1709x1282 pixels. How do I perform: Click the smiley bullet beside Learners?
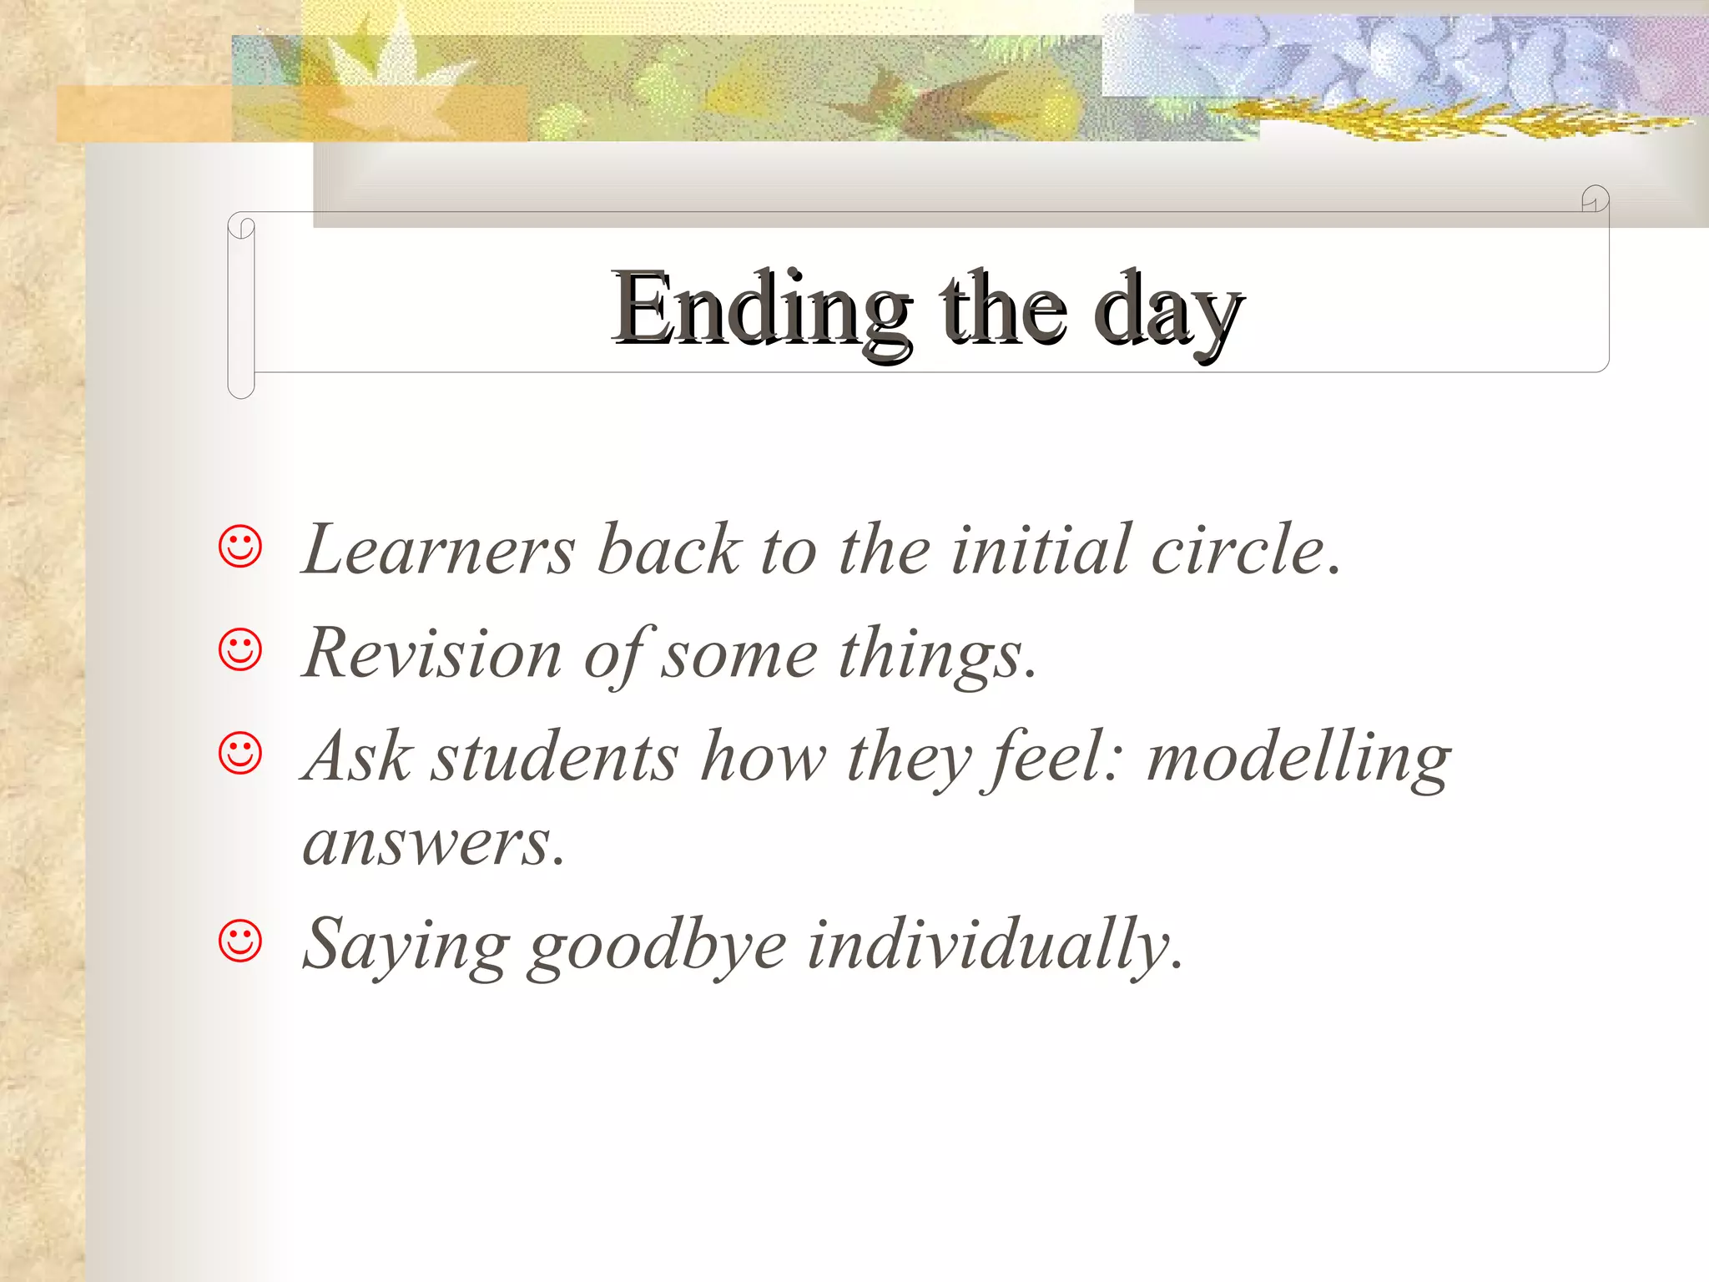[x=240, y=548]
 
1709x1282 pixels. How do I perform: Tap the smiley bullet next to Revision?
[x=240, y=650]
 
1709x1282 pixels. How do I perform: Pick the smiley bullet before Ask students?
[x=240, y=754]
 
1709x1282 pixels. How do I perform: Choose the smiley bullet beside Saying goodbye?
[x=240, y=941]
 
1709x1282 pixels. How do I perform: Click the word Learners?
[x=439, y=549]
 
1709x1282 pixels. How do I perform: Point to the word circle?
[x=1238, y=549]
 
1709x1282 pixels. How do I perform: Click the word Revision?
[x=432, y=653]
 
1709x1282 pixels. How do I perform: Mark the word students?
[x=554, y=756]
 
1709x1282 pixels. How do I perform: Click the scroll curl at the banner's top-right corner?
[x=1595, y=199]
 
